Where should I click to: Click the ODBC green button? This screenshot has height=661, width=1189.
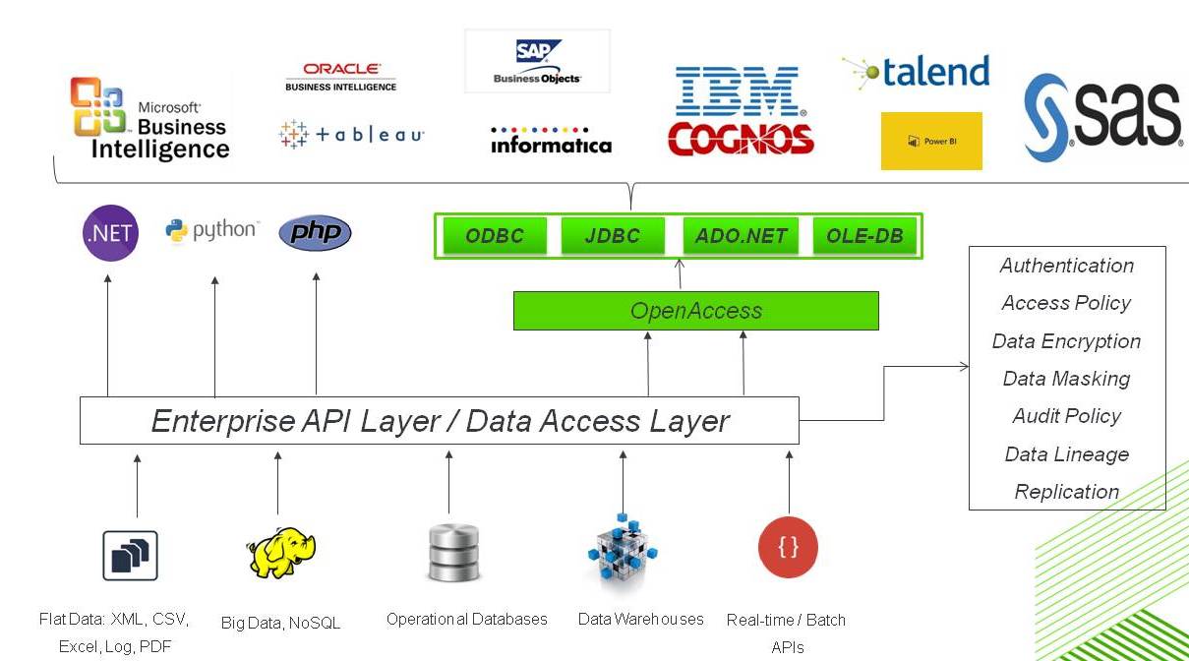(495, 236)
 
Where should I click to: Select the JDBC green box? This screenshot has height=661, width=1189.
(612, 236)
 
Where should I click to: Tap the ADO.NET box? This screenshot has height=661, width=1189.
(741, 236)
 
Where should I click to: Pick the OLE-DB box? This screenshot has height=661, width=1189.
(864, 236)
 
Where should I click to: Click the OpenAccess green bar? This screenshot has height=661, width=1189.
(695, 311)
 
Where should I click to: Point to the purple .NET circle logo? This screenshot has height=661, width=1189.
(110, 233)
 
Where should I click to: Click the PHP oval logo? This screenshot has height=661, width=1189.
(315, 233)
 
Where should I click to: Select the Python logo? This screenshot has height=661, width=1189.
(211, 230)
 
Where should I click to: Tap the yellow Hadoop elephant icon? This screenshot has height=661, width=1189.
(280, 552)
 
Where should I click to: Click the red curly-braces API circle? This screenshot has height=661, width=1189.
(788, 547)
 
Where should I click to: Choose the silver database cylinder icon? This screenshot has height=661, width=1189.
(453, 553)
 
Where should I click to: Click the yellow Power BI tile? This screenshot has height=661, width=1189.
(931, 141)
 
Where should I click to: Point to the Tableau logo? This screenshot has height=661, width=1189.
(351, 135)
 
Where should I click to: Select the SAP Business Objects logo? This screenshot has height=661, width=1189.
(537, 61)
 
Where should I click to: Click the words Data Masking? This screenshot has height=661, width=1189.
(1066, 379)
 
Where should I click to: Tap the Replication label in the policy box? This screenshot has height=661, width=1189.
(1066, 492)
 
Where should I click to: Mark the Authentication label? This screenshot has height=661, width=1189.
(1066, 266)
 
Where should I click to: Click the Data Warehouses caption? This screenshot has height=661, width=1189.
(640, 619)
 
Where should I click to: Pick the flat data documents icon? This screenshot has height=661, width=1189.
(130, 556)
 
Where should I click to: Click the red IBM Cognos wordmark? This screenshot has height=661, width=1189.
(741, 139)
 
